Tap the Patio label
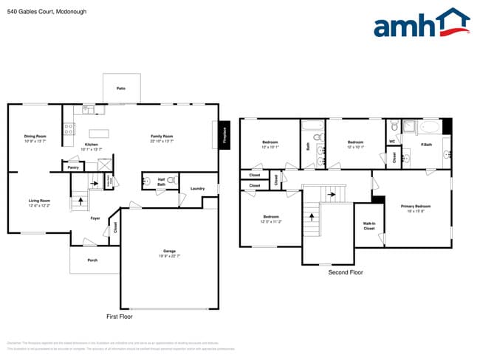[x=120, y=89]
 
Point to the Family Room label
[x=162, y=138]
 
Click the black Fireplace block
[x=224, y=136]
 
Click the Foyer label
[x=95, y=218]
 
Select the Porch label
[x=92, y=260]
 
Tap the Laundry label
[x=197, y=189]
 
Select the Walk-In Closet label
[x=370, y=226]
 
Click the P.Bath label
[x=426, y=145]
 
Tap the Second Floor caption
[x=346, y=273]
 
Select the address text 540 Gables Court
[x=32, y=10]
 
